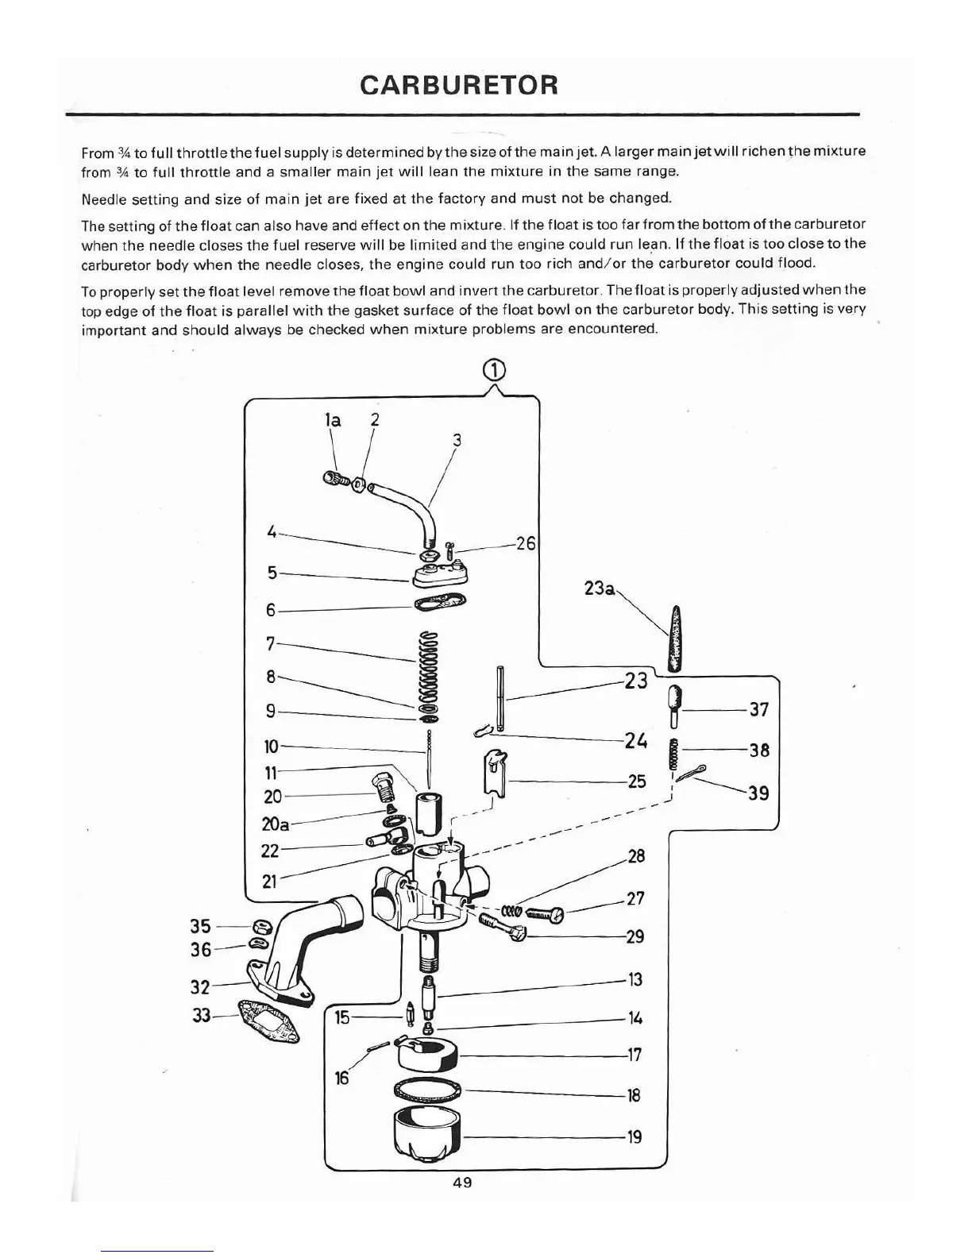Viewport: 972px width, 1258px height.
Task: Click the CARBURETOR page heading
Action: pos(458,84)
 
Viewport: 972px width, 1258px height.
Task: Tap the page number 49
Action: pos(462,1183)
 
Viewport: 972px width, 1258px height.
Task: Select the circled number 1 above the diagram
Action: pos(493,370)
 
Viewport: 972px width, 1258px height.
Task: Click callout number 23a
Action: pos(599,588)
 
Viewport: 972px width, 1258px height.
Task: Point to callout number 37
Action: pos(759,709)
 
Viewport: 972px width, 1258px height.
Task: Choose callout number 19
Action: pos(634,1136)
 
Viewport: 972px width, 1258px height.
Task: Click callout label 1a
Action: pos(334,420)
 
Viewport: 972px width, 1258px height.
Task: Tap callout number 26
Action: pos(526,544)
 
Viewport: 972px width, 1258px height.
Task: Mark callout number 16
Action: pos(341,1078)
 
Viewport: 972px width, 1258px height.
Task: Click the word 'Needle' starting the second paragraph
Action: pos(102,197)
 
